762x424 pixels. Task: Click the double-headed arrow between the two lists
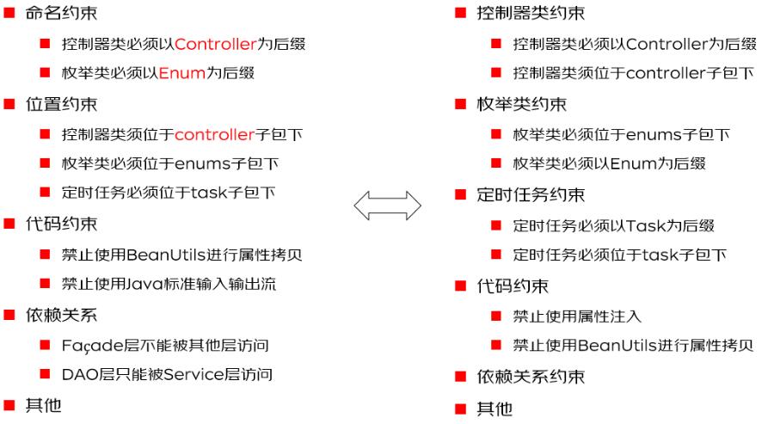click(388, 206)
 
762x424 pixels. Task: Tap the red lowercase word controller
click(215, 135)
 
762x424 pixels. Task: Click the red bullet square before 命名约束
click(9, 14)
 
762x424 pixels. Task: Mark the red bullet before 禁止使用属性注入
click(496, 316)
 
